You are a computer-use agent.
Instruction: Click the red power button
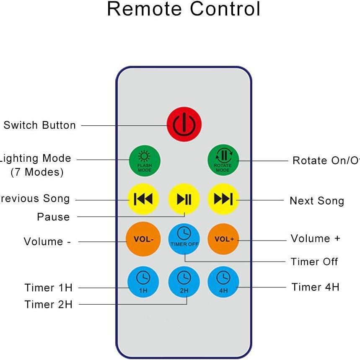pyautogui.click(x=184, y=124)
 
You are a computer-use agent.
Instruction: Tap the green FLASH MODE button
pyautogui.click(x=144, y=161)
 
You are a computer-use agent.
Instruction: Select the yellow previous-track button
pyautogui.click(x=143, y=199)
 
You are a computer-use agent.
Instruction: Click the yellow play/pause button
pyautogui.click(x=184, y=199)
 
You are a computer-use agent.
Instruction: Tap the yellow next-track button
pyautogui.click(x=223, y=199)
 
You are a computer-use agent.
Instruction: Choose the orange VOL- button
pyautogui.click(x=143, y=239)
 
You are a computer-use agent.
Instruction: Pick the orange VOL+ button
pyautogui.click(x=223, y=239)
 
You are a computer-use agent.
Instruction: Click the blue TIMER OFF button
pyautogui.click(x=184, y=238)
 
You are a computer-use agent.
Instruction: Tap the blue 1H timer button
pyautogui.click(x=143, y=281)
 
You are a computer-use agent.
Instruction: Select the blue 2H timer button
pyautogui.click(x=184, y=281)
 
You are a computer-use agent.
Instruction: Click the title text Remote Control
pyautogui.click(x=184, y=9)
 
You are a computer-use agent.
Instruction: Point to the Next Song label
pyautogui.click(x=316, y=201)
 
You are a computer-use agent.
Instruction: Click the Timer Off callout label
pyautogui.click(x=314, y=262)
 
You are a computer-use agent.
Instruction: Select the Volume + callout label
pyautogui.click(x=315, y=238)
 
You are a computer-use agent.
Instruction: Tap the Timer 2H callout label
pyautogui.click(x=49, y=305)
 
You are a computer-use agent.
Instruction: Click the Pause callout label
pyautogui.click(x=53, y=217)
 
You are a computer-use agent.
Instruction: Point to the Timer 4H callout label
pyautogui.click(x=315, y=287)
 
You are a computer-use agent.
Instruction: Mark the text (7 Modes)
pyautogui.click(x=37, y=172)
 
